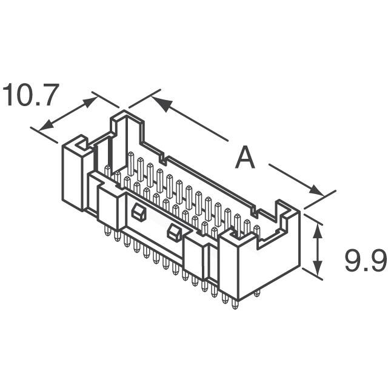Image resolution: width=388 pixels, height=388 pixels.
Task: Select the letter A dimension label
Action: [x=245, y=159]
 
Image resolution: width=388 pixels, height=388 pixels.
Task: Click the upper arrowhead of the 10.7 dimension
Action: [x=89, y=102]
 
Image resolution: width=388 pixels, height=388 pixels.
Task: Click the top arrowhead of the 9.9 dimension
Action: [x=316, y=227]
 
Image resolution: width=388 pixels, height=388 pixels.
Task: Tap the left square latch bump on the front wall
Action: [x=137, y=212]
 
